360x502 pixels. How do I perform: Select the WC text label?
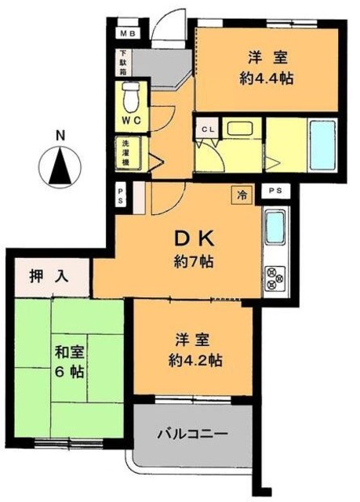tap(130, 122)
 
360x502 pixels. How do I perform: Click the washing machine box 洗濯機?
tap(125, 154)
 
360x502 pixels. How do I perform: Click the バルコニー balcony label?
tap(192, 433)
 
